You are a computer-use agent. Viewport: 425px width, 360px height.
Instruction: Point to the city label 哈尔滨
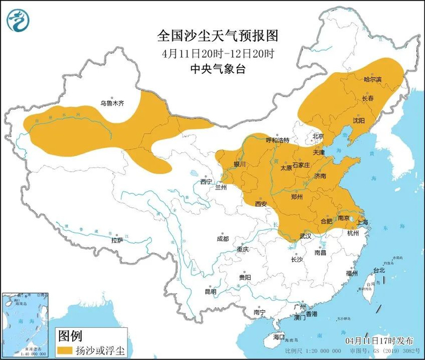(372, 79)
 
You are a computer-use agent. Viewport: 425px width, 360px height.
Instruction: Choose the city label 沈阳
(359, 120)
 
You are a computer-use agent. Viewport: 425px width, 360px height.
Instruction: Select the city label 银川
(240, 164)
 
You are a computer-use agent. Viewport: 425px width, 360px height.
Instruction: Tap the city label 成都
(222, 239)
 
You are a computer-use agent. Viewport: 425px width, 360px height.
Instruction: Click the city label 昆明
(211, 291)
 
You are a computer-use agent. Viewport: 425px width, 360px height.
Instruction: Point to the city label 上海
(362, 222)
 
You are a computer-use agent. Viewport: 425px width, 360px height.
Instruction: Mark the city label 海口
(279, 336)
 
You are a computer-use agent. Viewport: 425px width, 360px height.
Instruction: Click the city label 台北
(378, 270)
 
